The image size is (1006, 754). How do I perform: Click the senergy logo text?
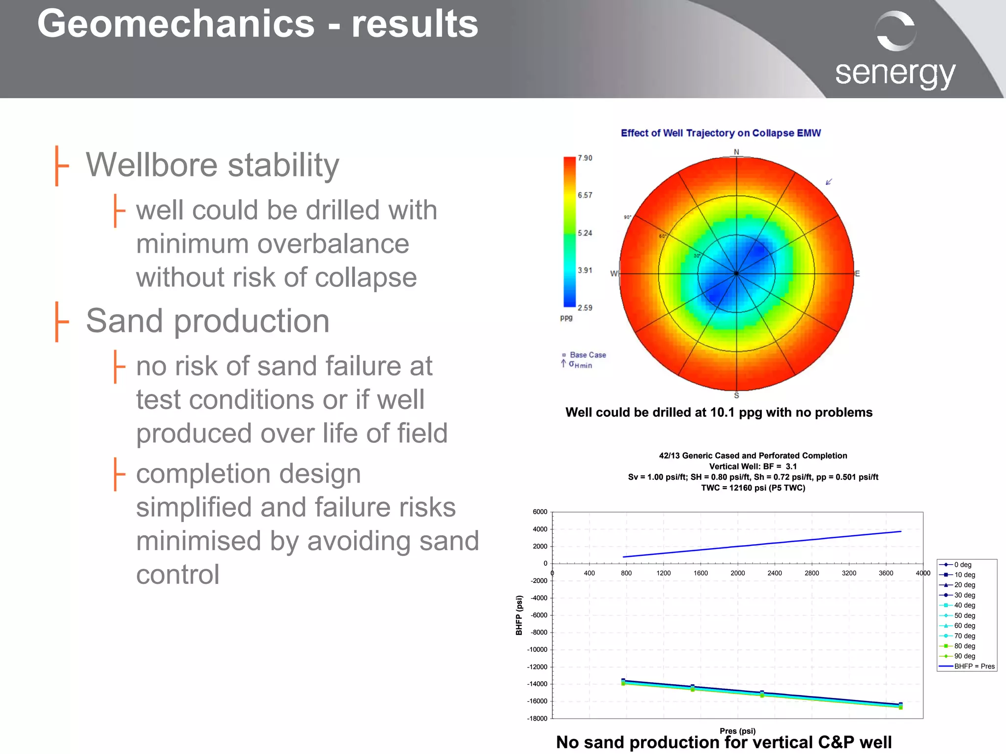pyautogui.click(x=894, y=74)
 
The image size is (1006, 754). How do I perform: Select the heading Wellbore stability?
pyautogui.click(x=212, y=165)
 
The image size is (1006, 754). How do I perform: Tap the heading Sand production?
pyautogui.click(x=207, y=321)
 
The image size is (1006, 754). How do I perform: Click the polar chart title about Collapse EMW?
pyautogui.click(x=721, y=133)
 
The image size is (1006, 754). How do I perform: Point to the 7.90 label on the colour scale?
pyautogui.click(x=585, y=158)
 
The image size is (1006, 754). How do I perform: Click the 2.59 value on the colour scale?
pyautogui.click(x=585, y=308)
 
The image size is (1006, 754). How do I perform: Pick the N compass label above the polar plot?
pyautogui.click(x=736, y=152)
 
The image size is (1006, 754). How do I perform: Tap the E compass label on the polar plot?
pyautogui.click(x=857, y=274)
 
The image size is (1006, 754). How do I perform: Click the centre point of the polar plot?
pyautogui.click(x=736, y=273)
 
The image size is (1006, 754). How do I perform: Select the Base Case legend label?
pyautogui.click(x=587, y=355)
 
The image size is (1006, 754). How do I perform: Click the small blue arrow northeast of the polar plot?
pyautogui.click(x=829, y=182)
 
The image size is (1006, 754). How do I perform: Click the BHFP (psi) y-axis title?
pyautogui.click(x=519, y=615)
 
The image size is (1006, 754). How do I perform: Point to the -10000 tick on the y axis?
pyautogui.click(x=537, y=650)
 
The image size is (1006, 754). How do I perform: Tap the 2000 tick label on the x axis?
pyautogui.click(x=737, y=573)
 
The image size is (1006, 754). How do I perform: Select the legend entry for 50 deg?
pyautogui.click(x=964, y=615)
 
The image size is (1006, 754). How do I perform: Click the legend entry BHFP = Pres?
pyautogui.click(x=974, y=667)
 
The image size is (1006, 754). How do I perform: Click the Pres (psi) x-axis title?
pyautogui.click(x=737, y=731)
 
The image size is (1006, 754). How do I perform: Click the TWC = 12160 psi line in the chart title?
pyautogui.click(x=753, y=488)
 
